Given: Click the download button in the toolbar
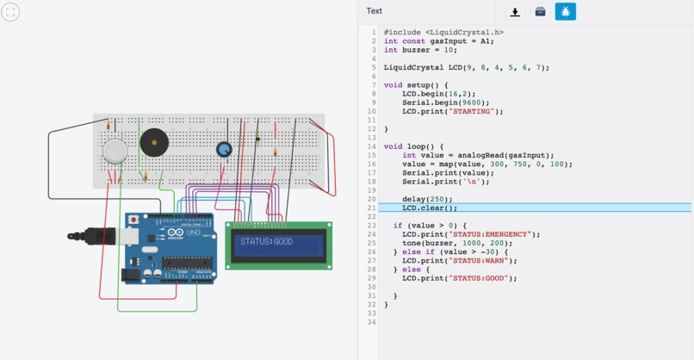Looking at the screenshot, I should click(515, 12).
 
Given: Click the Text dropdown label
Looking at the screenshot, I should click(375, 11).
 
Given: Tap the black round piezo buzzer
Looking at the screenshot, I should click(155, 142).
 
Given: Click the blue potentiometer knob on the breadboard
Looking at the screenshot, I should click(224, 149).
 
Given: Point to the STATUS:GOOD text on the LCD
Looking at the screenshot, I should click(267, 242).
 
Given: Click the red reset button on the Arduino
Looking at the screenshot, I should click(133, 220).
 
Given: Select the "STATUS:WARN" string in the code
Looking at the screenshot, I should click(482, 261).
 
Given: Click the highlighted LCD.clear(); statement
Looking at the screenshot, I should click(430, 208).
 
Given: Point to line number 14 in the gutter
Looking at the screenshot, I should click(372, 146).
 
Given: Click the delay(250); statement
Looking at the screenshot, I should click(427, 199).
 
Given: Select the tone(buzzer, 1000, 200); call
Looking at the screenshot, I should click(456, 243).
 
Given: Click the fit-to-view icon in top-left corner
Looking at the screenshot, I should click(10, 11).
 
